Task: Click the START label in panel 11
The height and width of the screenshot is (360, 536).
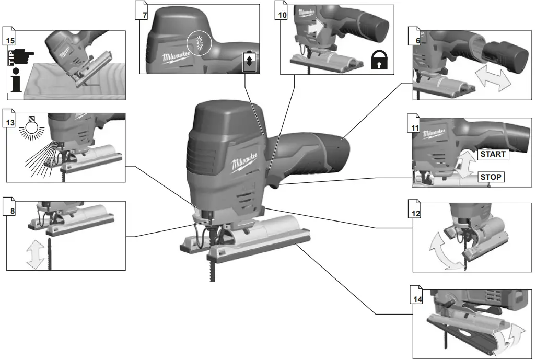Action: pyautogui.click(x=493, y=154)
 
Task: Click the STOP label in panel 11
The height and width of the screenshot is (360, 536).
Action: pyautogui.click(x=491, y=177)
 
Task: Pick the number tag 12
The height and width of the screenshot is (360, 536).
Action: pyautogui.click(x=416, y=213)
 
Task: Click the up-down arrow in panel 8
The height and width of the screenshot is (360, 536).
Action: pyautogui.click(x=36, y=254)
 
